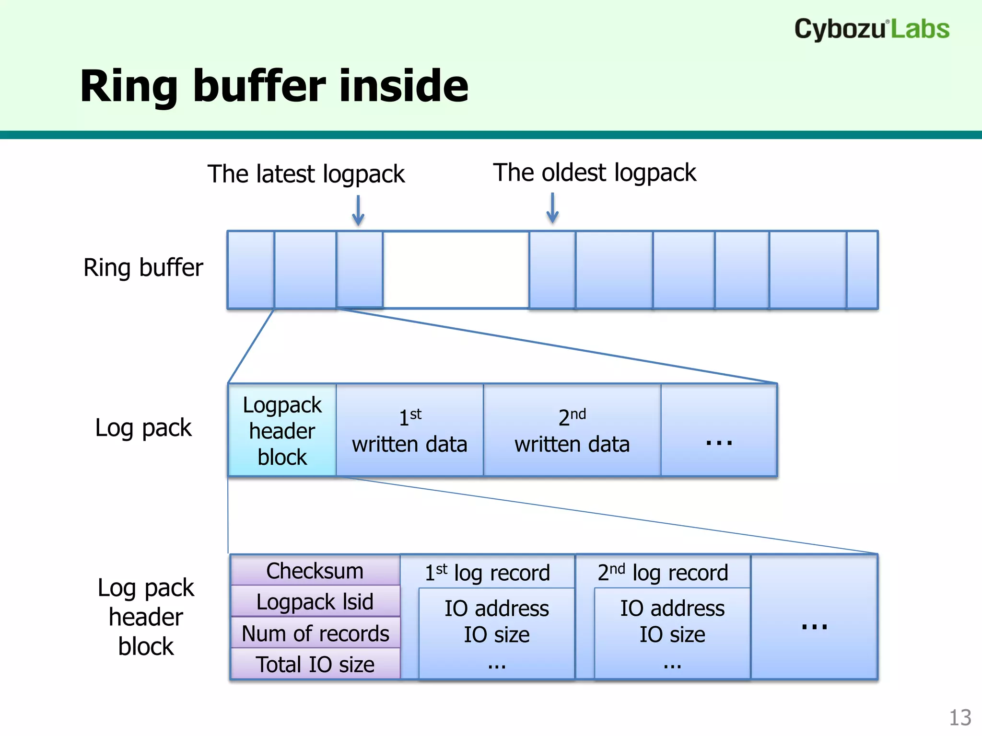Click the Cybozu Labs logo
[871, 29]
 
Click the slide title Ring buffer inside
[274, 86]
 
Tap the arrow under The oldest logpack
[552, 208]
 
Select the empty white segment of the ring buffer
[456, 270]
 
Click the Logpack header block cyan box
[282, 430]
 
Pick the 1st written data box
[409, 430]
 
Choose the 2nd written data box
[572, 430]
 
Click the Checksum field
[315, 571]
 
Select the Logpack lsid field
[315, 601]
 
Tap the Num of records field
[315, 633]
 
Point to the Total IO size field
[315, 664]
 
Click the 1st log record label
[487, 573]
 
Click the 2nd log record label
[663, 573]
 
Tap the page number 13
[960, 718]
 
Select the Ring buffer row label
[143, 267]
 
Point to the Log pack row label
[143, 427]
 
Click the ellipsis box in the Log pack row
[719, 430]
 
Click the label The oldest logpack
[595, 172]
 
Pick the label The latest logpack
[306, 174]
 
